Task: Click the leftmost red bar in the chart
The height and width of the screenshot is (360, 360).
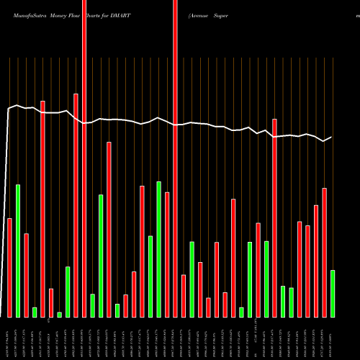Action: point(9,267)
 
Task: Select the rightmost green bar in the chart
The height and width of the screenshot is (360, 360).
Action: point(333,293)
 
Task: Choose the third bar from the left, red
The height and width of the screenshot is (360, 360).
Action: point(26,275)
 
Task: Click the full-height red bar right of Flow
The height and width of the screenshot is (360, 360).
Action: point(84,158)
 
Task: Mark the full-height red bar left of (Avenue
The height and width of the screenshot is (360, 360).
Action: point(175,158)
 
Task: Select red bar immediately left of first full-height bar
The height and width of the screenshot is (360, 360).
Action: point(76,205)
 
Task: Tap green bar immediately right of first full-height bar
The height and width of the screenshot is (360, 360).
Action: point(93,305)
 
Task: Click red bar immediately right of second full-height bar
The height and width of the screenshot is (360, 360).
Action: point(184,295)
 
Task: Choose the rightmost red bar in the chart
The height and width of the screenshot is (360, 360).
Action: point(325,252)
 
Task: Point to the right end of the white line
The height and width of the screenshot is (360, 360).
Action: point(332,137)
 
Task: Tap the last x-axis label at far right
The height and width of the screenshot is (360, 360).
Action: point(333,338)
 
